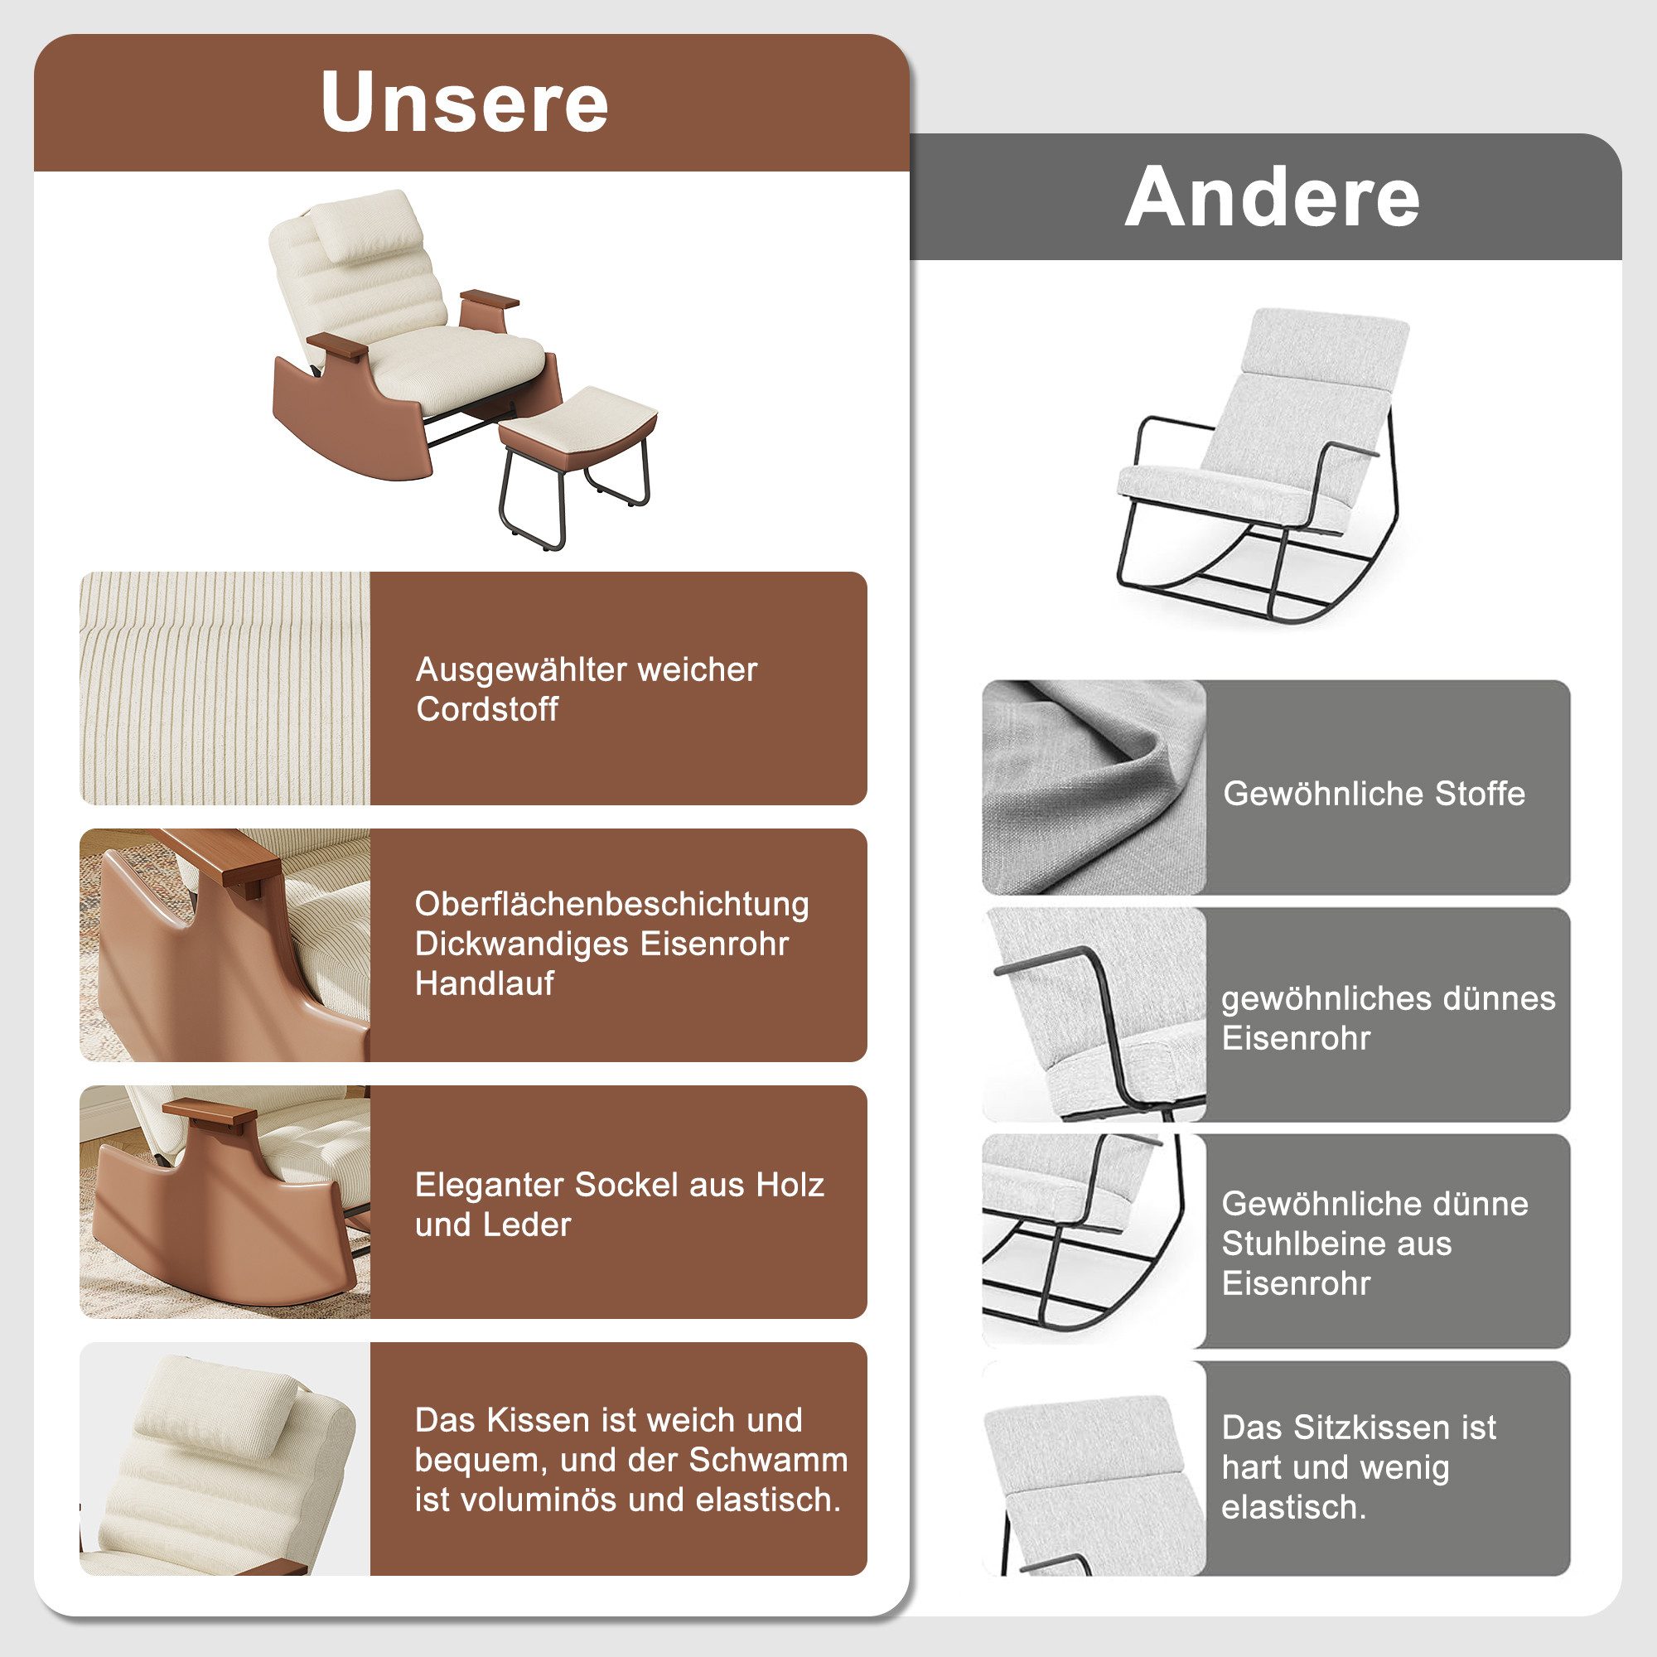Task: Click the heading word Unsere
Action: [464, 103]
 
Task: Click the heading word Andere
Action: [1272, 198]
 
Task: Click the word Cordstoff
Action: [487, 709]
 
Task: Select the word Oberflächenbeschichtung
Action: [611, 904]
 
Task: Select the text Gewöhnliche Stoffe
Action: [1374, 794]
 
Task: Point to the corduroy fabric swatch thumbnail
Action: [225, 688]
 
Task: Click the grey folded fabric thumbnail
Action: [1094, 787]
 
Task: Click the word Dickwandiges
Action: [522, 944]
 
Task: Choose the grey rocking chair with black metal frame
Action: [1261, 463]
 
